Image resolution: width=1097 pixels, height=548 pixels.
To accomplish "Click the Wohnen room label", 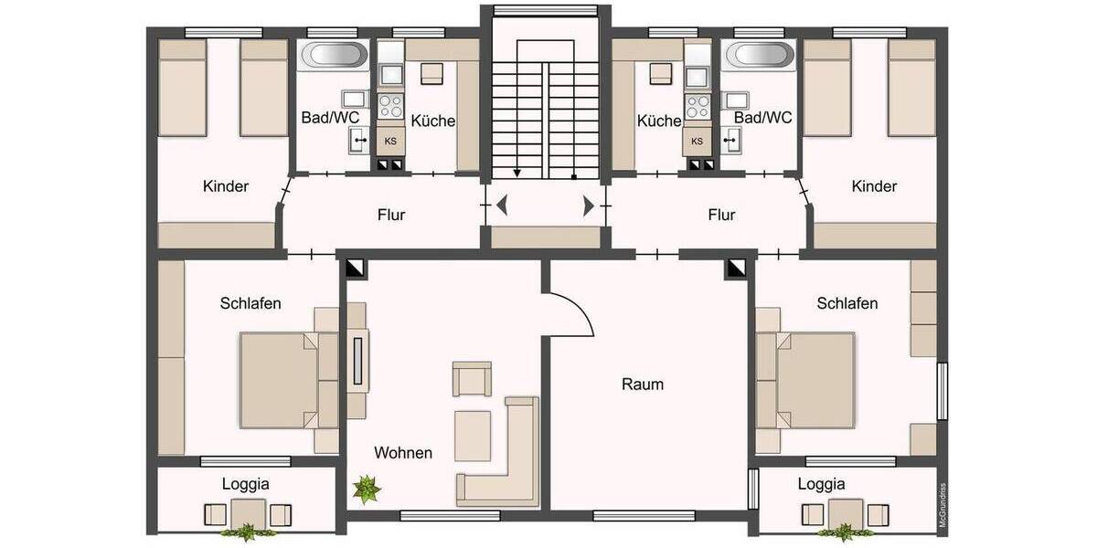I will coord(402,453).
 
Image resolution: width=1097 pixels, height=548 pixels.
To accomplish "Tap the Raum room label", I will coord(643,385).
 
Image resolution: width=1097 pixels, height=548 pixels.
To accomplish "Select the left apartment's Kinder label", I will coord(226,186).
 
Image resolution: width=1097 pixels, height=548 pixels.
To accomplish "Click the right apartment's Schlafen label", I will coord(847,303).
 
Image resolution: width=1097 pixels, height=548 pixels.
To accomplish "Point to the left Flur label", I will coord(390,216).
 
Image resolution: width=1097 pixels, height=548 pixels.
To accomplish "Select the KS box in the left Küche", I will coord(390,141).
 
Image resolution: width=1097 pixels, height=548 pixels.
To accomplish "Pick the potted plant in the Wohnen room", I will coord(367,490).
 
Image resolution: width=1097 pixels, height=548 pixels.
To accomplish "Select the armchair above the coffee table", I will coord(472,379).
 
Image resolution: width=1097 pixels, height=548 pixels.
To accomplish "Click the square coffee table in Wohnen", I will coord(473,436).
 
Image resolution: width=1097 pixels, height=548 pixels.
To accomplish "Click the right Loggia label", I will coord(821,484).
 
